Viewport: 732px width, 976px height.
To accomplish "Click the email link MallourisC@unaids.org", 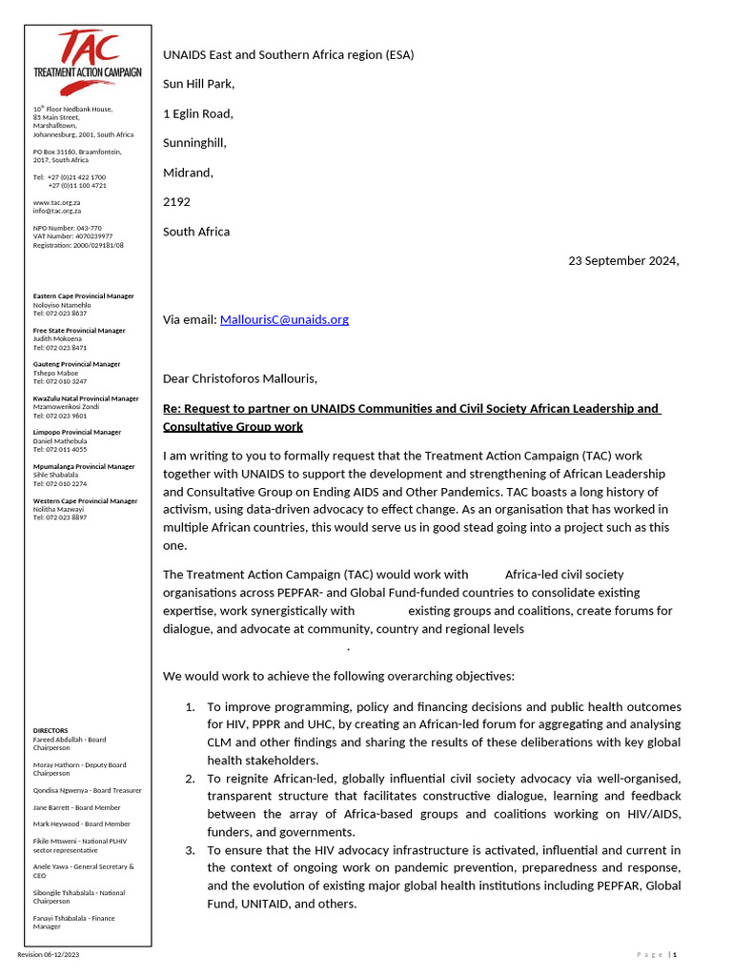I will [284, 319].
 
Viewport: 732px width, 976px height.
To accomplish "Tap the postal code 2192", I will [176, 202].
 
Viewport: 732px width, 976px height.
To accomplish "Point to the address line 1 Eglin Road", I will [197, 113].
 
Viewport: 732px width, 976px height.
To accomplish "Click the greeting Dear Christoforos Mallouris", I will [240, 378].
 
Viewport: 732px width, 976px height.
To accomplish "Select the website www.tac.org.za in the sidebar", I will [56, 202].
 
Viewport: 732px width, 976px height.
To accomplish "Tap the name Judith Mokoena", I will [57, 338].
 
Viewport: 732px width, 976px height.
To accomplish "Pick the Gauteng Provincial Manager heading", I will [76, 364].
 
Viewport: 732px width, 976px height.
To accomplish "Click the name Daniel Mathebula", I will [60, 440].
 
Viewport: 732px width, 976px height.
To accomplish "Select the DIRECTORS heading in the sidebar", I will [51, 730].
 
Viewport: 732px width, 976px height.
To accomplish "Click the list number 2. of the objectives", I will [190, 779].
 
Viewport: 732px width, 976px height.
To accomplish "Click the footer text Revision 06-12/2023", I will [49, 954].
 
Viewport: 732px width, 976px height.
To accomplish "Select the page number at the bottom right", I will [674, 954].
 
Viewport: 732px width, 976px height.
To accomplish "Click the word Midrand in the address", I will [188, 173].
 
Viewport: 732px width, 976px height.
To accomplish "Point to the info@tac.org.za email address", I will [56, 211].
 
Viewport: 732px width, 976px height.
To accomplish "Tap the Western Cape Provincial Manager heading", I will [85, 500].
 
